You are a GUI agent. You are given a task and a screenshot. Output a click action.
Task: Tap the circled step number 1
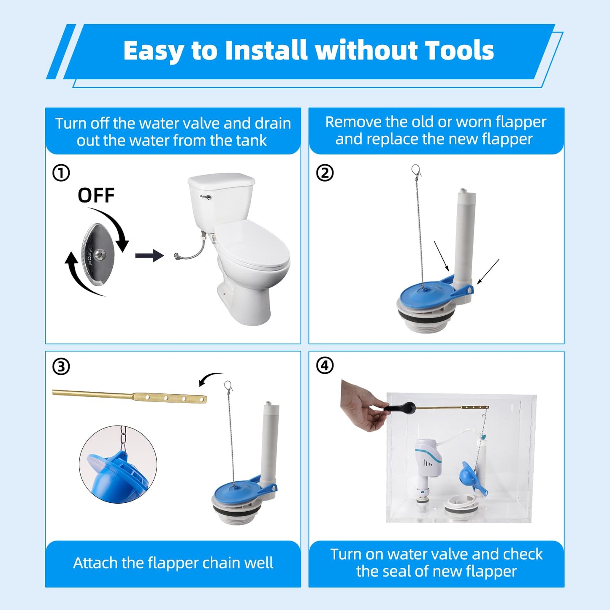(61, 173)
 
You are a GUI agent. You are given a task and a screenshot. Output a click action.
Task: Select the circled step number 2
(325, 173)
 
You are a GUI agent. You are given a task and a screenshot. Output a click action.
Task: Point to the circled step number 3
(61, 366)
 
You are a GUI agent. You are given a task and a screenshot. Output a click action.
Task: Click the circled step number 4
(325, 366)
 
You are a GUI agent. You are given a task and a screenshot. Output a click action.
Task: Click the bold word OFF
(96, 195)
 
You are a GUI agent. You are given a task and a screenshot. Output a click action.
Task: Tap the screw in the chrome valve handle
(100, 255)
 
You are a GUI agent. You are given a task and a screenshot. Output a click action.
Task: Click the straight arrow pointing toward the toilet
(149, 255)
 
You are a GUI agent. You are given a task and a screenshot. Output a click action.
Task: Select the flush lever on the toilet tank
(206, 197)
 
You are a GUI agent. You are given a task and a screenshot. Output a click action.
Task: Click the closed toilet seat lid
(253, 245)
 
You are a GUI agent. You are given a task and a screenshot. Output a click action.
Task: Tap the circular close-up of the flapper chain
(118, 464)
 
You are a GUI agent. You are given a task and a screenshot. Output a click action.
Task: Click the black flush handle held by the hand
(399, 408)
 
